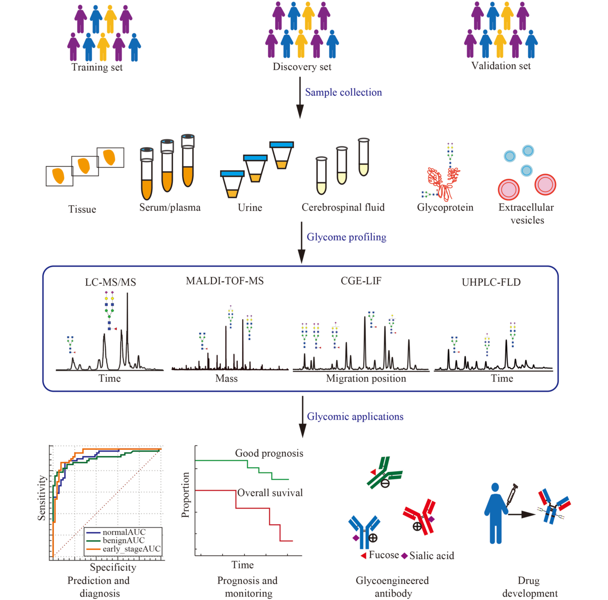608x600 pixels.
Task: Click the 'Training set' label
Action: tap(97, 67)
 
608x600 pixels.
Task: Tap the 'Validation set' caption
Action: tap(501, 66)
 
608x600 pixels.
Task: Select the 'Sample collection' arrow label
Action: tap(343, 92)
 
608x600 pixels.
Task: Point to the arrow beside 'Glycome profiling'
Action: tap(302, 242)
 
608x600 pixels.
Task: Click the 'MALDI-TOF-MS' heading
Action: tap(225, 281)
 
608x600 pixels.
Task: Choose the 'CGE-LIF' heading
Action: tap(361, 281)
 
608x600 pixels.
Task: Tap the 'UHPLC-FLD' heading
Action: tap(491, 282)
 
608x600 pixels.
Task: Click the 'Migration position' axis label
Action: tap(366, 378)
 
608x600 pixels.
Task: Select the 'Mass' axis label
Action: tap(226, 378)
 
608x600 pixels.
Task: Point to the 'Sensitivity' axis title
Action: tap(42, 498)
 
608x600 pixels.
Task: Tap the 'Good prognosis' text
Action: tap(269, 453)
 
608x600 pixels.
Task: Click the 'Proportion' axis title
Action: tap(185, 495)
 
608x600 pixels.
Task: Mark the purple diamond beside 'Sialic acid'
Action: tap(405, 556)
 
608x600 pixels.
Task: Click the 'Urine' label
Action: tap(250, 208)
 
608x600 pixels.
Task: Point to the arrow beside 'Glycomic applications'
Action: tap(302, 417)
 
